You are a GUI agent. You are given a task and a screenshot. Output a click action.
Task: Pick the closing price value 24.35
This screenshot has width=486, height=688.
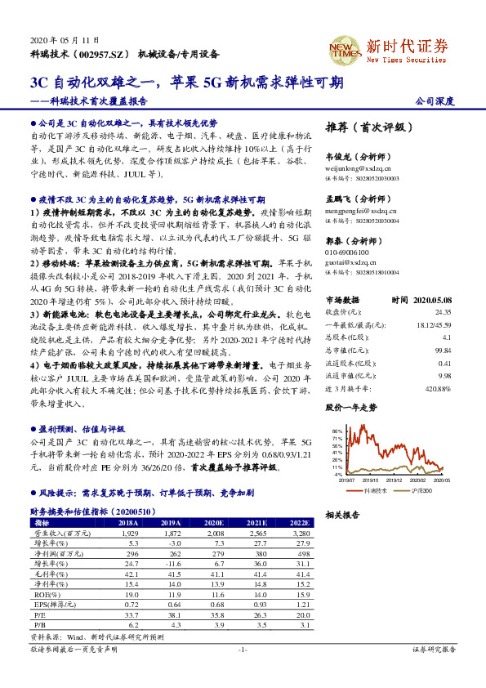[x=443, y=311]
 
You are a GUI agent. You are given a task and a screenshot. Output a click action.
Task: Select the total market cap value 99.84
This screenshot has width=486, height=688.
[x=443, y=350]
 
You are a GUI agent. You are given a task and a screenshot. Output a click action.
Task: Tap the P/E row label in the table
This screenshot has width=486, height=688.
[x=38, y=614]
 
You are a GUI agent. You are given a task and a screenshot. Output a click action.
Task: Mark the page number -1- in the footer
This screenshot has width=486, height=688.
[x=242, y=672]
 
